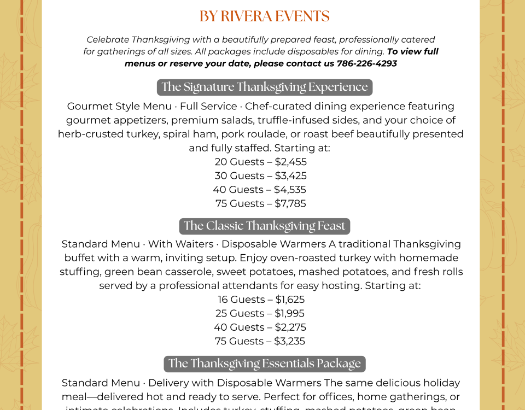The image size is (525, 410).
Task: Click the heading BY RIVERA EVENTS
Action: point(264,16)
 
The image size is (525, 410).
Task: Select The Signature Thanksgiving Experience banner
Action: point(264,87)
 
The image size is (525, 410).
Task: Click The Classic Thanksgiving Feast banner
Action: point(264,226)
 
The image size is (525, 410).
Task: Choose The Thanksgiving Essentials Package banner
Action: point(264,364)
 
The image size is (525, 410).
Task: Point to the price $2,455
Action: point(290,162)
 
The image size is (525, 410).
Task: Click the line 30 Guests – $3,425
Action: point(260,176)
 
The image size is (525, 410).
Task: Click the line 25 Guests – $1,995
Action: point(260,314)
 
